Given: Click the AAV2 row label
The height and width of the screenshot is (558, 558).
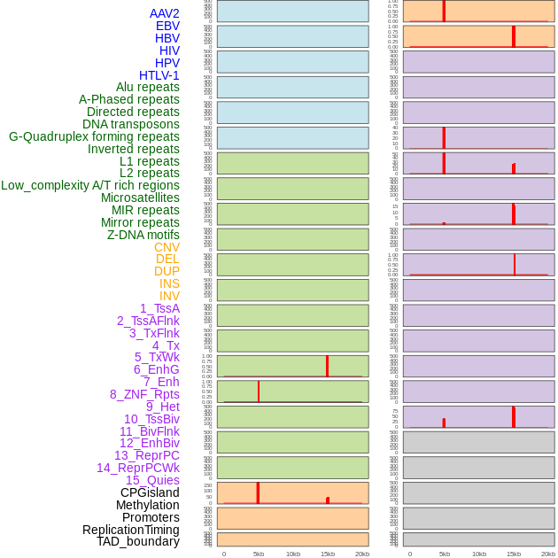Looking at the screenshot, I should click(164, 13).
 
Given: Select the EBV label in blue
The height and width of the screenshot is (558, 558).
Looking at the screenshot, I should click(167, 26).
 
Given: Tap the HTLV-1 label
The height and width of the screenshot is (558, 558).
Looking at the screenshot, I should click(159, 75).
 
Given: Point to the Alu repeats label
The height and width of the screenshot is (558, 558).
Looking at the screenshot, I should click(147, 87).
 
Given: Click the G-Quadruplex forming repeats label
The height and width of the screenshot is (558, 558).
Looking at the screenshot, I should click(94, 136).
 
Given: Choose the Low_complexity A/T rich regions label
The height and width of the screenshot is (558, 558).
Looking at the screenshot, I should click(90, 185).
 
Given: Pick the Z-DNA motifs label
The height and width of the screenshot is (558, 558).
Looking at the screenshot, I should click(143, 235).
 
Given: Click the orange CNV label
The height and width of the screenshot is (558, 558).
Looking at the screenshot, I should click(167, 247).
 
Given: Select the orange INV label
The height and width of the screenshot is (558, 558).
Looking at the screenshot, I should click(169, 296).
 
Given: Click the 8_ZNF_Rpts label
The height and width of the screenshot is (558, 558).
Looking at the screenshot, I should click(144, 394).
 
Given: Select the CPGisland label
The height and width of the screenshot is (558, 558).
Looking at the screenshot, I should click(150, 492).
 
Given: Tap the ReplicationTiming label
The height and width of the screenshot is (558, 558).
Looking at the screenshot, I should click(131, 530).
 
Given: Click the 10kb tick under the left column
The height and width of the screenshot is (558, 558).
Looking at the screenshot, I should click(292, 554).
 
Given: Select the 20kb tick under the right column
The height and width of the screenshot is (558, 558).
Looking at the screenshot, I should click(547, 554).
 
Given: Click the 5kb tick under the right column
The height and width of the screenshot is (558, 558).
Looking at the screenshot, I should click(444, 554).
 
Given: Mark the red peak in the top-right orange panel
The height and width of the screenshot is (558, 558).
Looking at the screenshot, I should click(444, 11).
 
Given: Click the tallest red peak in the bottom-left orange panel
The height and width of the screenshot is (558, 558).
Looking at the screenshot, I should click(258, 492).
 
